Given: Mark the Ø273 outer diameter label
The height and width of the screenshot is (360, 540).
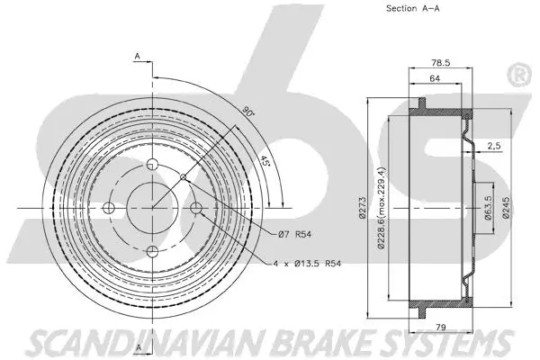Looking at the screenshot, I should [x=361, y=207].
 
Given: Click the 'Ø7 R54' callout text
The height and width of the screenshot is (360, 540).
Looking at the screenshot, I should [x=294, y=236].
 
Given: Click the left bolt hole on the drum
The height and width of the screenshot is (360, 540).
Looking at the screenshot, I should [x=110, y=209].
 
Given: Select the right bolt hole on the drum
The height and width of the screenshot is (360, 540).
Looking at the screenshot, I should [x=196, y=209].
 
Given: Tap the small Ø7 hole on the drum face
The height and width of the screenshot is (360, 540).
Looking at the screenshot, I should [x=184, y=176].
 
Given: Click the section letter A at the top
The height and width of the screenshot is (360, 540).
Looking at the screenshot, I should [x=137, y=57].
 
